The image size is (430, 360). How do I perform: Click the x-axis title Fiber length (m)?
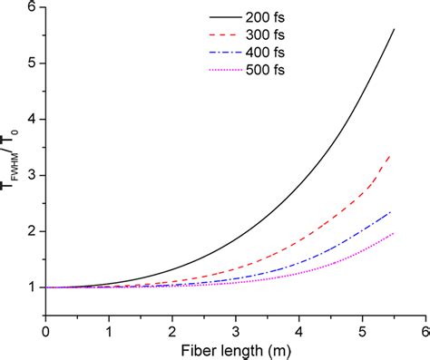(236, 348)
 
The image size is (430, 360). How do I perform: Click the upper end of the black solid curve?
(394, 29)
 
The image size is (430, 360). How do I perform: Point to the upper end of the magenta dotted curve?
(392, 233)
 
